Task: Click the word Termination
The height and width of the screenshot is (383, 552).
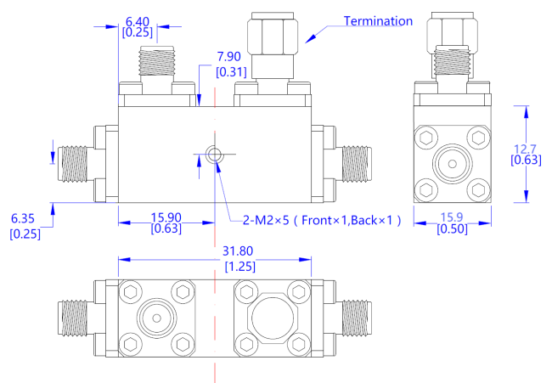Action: tap(378, 20)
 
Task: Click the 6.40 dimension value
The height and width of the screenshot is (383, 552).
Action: tap(138, 19)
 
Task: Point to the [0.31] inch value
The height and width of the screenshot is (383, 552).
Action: tap(232, 72)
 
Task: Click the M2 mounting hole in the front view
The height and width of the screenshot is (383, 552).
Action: tap(215, 155)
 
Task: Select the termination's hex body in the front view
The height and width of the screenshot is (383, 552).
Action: tap(273, 36)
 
